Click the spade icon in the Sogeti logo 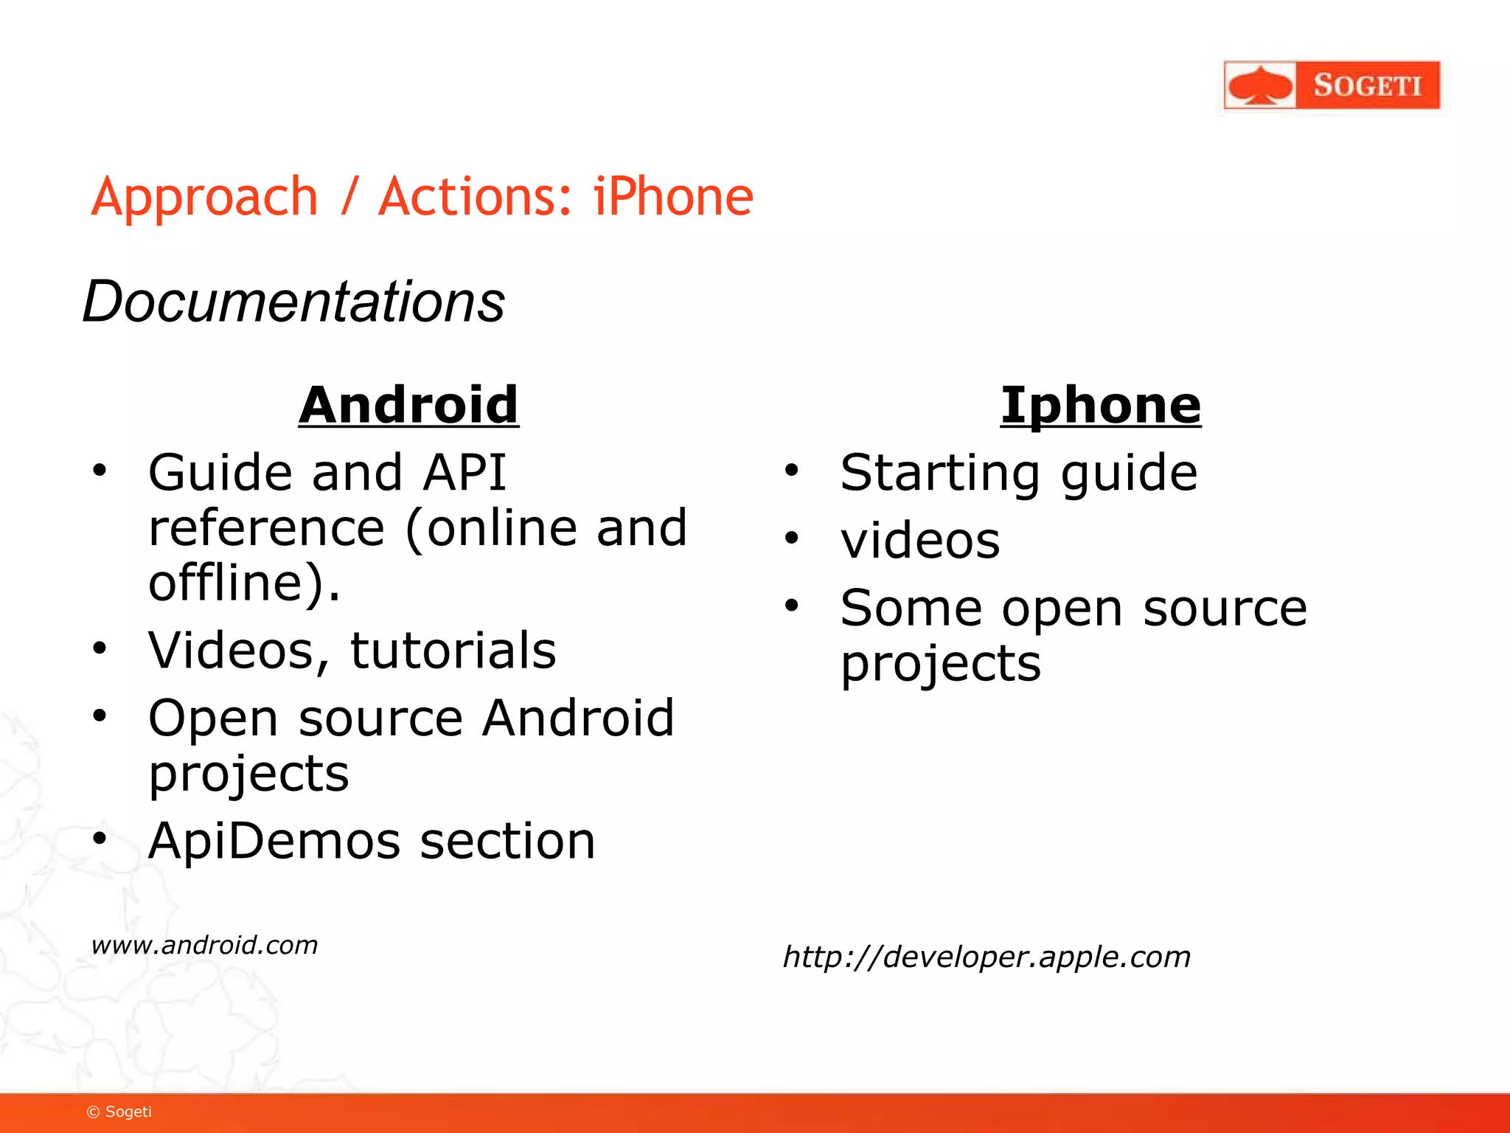coord(1260,86)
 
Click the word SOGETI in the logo coord(1367,86)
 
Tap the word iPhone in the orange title coord(672,197)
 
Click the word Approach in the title coord(204,198)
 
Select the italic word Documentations coord(293,302)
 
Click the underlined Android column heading coord(408,405)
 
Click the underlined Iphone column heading coord(1100,405)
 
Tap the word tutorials coord(453,651)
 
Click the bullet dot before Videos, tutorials coord(100,648)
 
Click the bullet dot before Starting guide coord(791,470)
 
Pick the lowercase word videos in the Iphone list coord(920,541)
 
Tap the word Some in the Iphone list coord(911,609)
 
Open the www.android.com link coord(204,945)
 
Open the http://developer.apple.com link coord(986,957)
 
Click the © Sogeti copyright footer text coord(119,1112)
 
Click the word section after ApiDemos coord(507,841)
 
